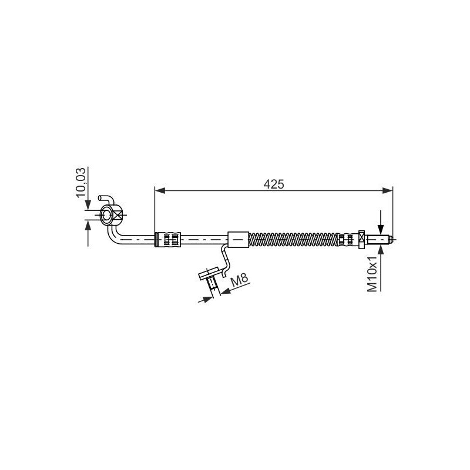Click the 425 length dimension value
coord(274,184)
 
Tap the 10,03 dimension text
coord(82,183)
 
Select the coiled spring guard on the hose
coord(294,239)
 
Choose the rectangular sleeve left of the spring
coord(238,239)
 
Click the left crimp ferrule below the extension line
coord(169,239)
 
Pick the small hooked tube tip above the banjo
coord(103,198)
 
